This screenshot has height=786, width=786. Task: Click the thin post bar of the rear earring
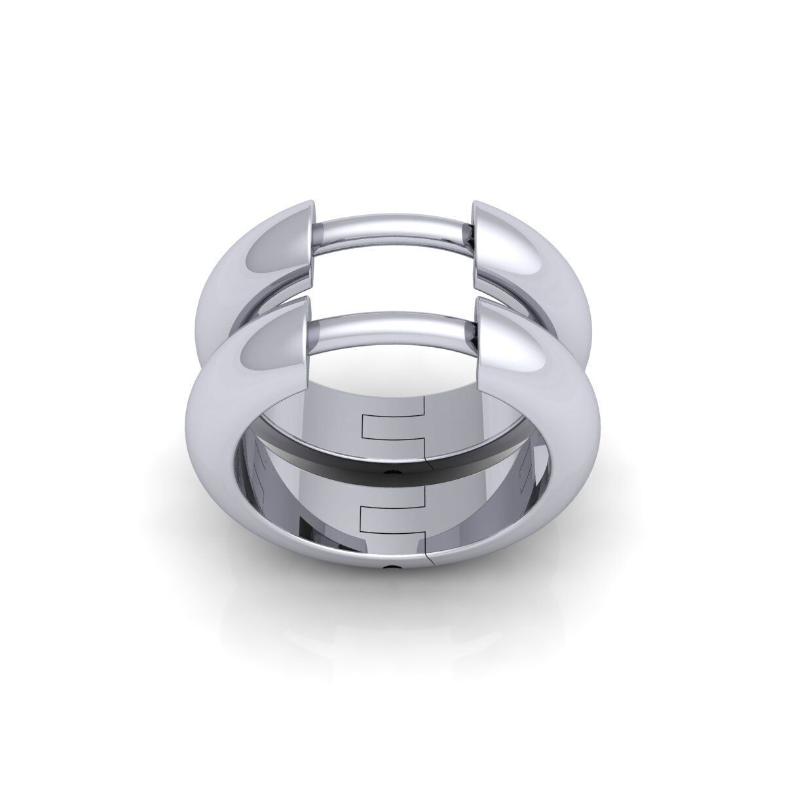[393, 233]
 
